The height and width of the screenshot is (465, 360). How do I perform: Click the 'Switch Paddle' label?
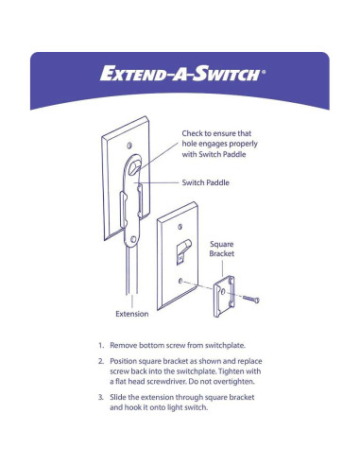(x=206, y=181)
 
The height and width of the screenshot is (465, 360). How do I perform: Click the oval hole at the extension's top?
(x=140, y=168)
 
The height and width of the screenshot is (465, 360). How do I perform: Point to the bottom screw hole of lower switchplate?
(x=179, y=281)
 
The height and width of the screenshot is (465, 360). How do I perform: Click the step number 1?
(x=100, y=347)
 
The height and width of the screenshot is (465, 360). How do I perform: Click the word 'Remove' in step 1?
(x=126, y=347)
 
